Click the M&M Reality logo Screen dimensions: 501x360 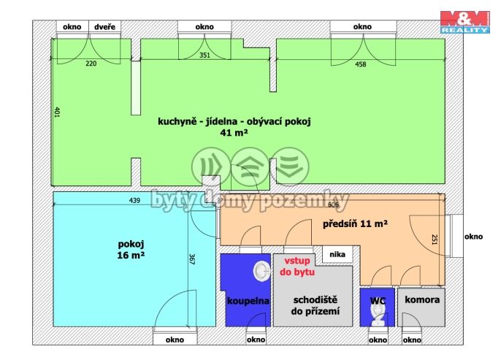tap(465, 22)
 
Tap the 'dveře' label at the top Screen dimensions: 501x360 tap(105, 27)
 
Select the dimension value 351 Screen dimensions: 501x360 tap(204, 55)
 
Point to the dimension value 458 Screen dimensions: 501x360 tap(361, 64)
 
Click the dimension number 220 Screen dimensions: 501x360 tap(91, 64)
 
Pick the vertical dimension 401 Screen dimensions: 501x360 tap(57, 112)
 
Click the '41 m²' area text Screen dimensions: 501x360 tap(234, 133)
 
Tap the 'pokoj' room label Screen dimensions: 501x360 tap(131, 244)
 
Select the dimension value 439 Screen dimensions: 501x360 tap(134, 200)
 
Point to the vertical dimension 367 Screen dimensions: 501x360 tap(192, 259)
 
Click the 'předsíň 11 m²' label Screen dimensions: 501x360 tap(355, 223)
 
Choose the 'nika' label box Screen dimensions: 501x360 tap(337, 254)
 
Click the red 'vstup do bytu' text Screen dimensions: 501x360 tap(297, 266)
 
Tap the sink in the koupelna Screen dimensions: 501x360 tap(261, 271)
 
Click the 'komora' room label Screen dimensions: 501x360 tap(422, 299)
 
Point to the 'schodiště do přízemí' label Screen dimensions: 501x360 tap(315, 305)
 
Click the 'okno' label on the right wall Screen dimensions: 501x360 tap(473, 237)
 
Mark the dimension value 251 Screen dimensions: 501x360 tap(435, 240)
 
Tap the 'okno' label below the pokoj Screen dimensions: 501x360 tap(175, 340)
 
